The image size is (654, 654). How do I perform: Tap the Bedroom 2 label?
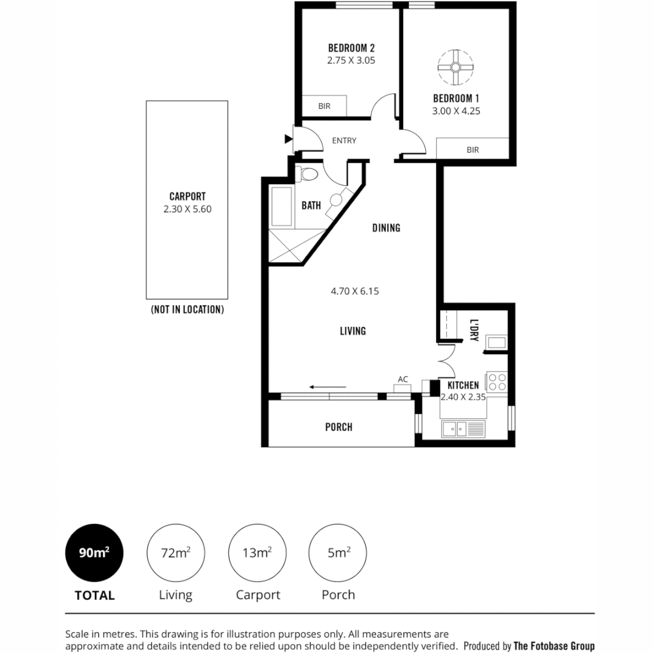coord(351,48)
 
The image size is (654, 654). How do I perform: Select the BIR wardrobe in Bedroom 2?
coord(324,106)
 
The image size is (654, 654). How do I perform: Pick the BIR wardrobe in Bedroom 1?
coord(472,148)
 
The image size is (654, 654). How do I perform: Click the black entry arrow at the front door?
coord(288,139)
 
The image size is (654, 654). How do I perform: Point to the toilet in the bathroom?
coord(309,174)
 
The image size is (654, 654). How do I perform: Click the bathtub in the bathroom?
coord(282,208)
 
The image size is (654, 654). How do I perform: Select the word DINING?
coord(386,228)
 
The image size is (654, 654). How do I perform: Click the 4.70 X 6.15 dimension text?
coord(355,291)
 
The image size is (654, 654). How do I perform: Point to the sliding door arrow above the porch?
coord(327,386)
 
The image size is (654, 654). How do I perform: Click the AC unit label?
coord(403,380)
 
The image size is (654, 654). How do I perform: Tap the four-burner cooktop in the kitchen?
coord(497,382)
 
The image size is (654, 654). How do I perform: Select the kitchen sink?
coord(463,429)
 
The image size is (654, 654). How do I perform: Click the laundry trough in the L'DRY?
coord(497,343)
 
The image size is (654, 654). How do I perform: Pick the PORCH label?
coord(339,428)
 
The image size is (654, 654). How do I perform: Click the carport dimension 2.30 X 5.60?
coord(187,210)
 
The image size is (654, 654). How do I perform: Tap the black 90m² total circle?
coord(94,553)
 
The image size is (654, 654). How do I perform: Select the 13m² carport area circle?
coord(257,553)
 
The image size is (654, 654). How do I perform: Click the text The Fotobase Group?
coord(554,646)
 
